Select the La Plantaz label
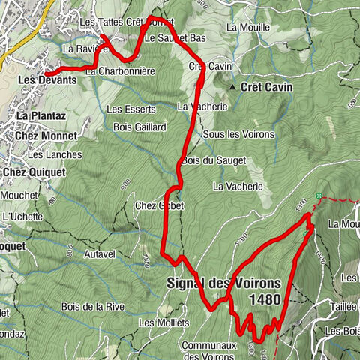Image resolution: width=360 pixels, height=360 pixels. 37,116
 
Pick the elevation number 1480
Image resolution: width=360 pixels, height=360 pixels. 266,299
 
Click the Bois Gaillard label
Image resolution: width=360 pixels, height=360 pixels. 139,127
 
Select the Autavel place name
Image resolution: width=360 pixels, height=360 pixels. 98,254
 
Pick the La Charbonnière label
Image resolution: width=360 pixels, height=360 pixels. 120,71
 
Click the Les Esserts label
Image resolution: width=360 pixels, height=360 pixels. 124,109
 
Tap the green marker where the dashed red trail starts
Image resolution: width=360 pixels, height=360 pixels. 319,196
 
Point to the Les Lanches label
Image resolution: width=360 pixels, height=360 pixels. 44,155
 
